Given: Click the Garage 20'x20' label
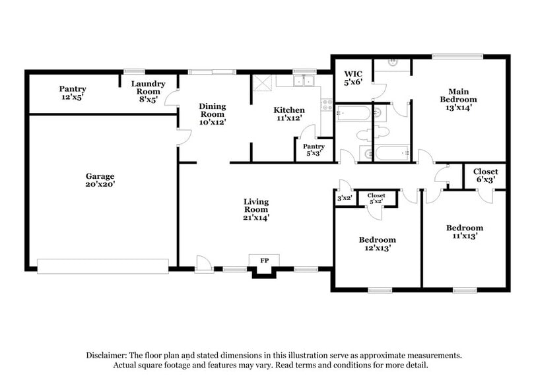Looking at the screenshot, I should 100,180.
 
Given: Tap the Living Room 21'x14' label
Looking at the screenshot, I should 256,209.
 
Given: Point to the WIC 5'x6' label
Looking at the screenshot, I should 352,78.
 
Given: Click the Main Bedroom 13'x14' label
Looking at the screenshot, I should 459,100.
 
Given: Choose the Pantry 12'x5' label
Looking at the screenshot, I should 73,92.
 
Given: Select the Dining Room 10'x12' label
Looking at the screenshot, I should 213,114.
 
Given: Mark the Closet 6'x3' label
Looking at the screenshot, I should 485,175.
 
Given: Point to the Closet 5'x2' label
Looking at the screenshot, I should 376,199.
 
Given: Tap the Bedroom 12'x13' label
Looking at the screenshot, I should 377,243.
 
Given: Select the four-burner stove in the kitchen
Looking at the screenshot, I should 325,104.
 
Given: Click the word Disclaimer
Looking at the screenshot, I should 108,355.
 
